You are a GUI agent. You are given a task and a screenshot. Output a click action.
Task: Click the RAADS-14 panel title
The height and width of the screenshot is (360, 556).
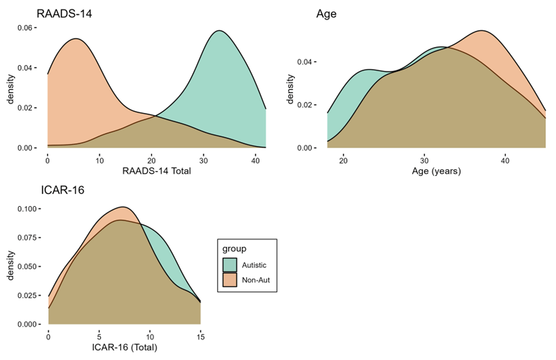[64, 14]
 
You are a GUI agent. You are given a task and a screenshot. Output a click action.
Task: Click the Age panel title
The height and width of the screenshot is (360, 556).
[326, 14]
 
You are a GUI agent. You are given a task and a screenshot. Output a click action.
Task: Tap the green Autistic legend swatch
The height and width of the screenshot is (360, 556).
[230, 265]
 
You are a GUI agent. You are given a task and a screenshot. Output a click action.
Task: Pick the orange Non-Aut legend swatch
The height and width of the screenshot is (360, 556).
[230, 279]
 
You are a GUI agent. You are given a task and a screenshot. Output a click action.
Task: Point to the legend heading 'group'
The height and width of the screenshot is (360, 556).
[234, 249]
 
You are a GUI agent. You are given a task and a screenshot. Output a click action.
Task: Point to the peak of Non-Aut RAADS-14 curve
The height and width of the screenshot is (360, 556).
[76, 38]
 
